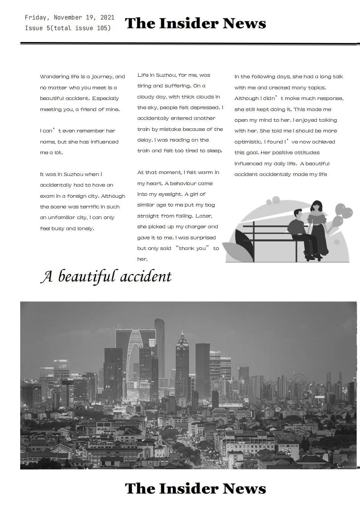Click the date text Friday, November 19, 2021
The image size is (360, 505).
[x=69, y=18]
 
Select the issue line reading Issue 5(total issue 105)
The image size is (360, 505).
[x=68, y=28]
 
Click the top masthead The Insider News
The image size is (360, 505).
[x=195, y=23]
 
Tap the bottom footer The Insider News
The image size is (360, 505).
[x=195, y=489]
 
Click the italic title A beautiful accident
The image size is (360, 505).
[x=106, y=276]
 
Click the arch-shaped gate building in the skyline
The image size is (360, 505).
[x=135, y=355]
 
